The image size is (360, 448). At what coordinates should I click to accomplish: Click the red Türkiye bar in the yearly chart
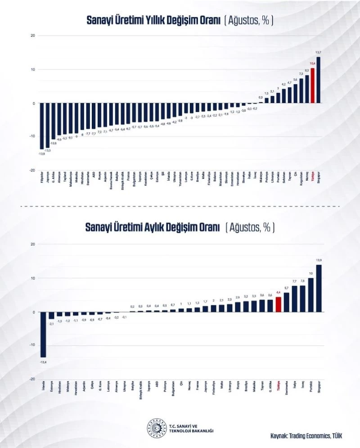coord(313,86)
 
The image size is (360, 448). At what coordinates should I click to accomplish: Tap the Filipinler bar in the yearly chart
coord(42,126)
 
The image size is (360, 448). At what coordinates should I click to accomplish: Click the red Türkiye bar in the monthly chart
coord(278,304)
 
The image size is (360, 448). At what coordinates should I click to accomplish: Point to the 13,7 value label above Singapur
coord(319,53)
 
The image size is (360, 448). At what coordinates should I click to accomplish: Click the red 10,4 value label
coord(313,64)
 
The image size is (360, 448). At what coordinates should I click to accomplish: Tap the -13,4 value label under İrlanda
coord(43,362)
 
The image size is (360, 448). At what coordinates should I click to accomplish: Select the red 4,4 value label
coord(278,293)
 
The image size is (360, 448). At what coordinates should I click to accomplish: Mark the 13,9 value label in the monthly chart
coord(319,260)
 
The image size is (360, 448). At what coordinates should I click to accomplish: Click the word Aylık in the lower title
coord(159,228)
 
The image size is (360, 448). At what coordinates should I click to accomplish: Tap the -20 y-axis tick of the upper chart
coord(33,170)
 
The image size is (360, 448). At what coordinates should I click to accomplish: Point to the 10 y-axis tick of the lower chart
coord(33,278)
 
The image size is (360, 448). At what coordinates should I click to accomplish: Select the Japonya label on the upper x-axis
coord(48,177)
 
